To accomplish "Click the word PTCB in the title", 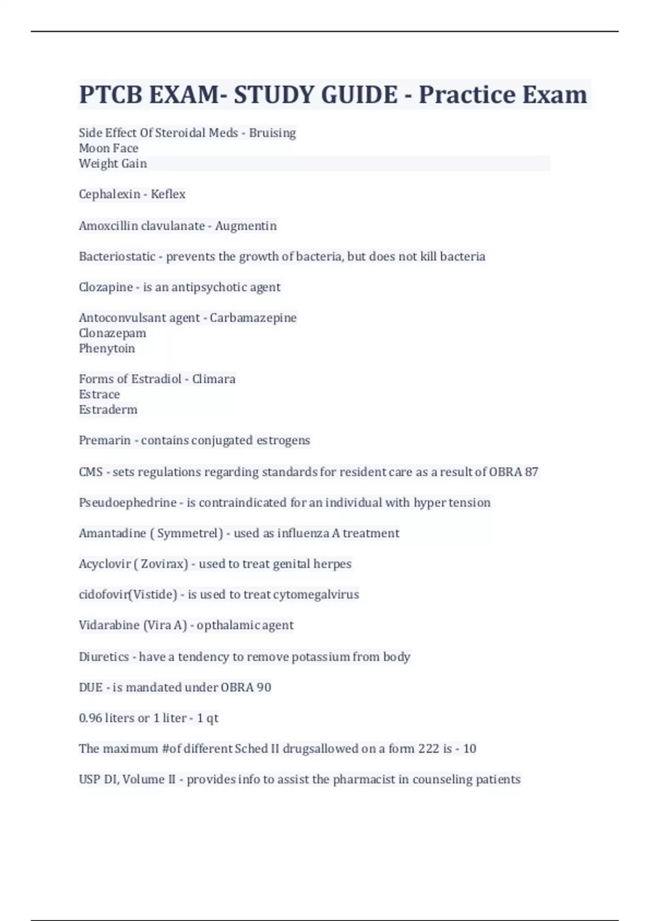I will (x=110, y=95).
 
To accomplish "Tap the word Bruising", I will (x=272, y=133).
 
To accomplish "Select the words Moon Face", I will (x=108, y=148).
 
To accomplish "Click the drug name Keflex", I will (x=168, y=194).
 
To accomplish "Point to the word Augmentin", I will (x=246, y=225).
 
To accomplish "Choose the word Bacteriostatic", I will (x=117, y=256).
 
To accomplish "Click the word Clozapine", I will (x=106, y=287).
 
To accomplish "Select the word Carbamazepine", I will (x=253, y=317).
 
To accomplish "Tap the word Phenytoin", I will (x=107, y=348).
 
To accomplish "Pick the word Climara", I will (x=214, y=379).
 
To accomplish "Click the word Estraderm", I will (x=108, y=410).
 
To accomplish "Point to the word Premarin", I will (x=105, y=440).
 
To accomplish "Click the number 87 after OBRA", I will (x=531, y=472).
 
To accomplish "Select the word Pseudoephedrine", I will (x=127, y=503).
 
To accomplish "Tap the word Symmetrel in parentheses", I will (x=187, y=533).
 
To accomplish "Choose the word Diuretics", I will (x=104, y=657).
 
